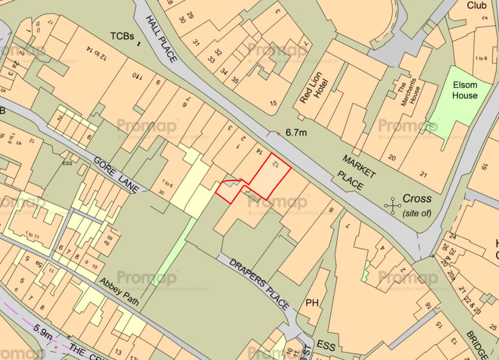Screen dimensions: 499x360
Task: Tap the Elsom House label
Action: (464, 90)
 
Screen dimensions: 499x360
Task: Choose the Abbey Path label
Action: (119, 292)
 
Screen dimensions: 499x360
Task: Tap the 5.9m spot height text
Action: (43, 334)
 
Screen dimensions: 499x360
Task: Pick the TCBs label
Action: (122, 36)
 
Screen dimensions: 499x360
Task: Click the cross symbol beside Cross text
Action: (392, 206)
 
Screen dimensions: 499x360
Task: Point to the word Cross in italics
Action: (417, 198)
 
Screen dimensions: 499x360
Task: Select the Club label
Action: (477, 5)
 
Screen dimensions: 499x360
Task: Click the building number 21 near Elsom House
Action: (423, 175)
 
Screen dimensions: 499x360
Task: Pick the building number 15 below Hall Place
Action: (273, 103)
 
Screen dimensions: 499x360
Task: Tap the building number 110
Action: (135, 76)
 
